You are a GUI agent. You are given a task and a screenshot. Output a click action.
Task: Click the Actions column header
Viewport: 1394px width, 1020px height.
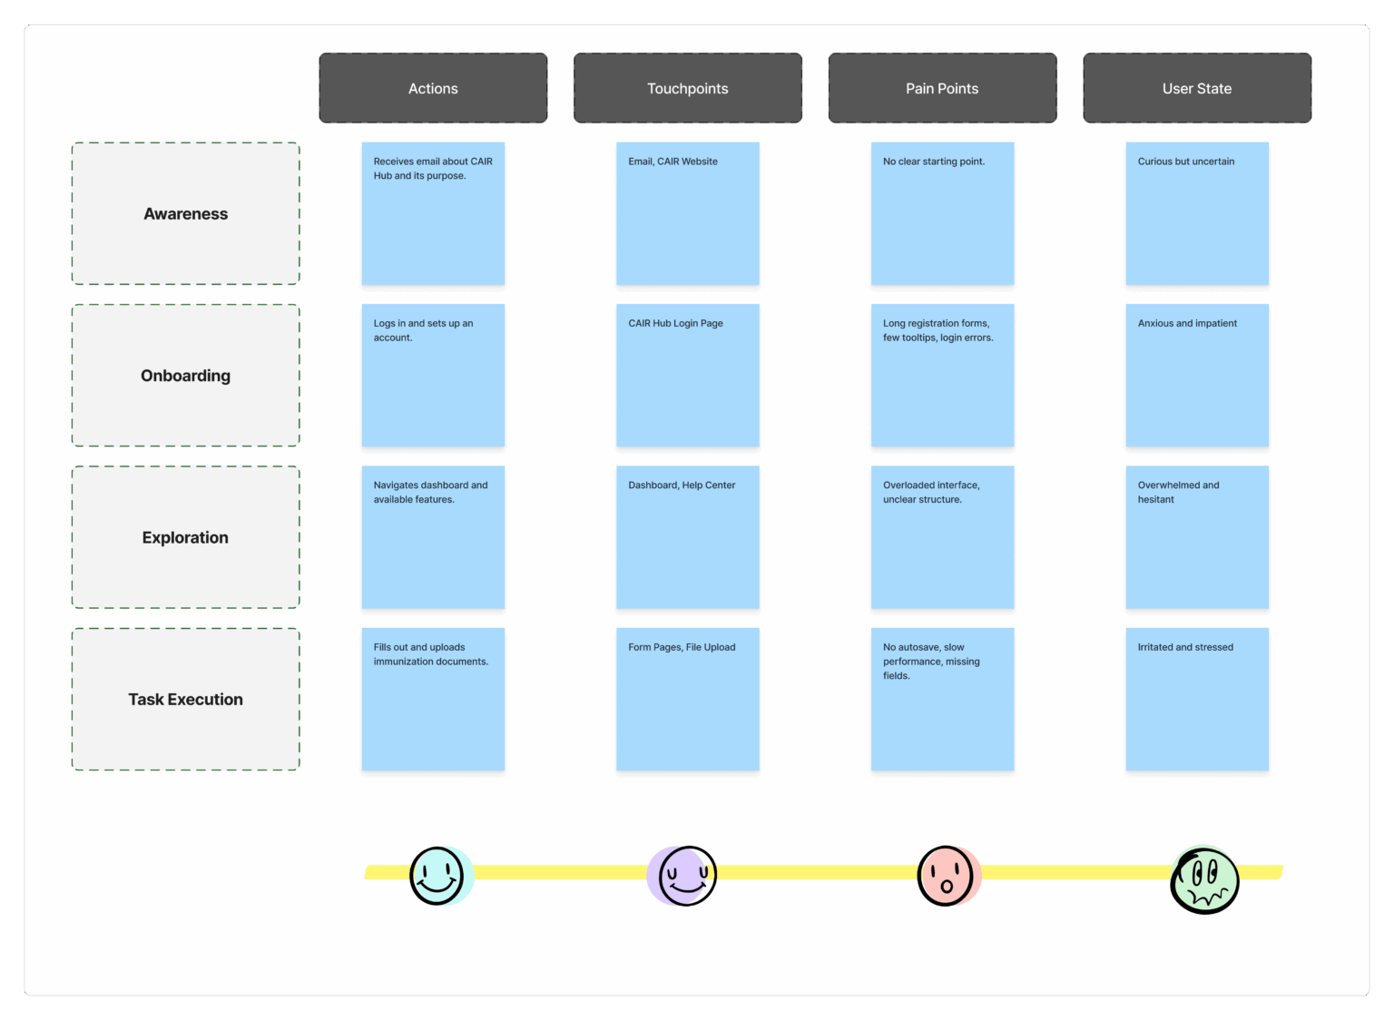tap(433, 88)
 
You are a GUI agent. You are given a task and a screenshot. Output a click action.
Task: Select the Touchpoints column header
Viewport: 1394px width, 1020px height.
tap(688, 88)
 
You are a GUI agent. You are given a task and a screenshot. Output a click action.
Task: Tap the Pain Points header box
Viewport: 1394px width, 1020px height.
tap(942, 88)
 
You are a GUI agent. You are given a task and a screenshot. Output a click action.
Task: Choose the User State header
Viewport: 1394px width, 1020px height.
tap(1197, 88)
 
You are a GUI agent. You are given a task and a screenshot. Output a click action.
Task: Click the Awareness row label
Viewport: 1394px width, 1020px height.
tap(185, 213)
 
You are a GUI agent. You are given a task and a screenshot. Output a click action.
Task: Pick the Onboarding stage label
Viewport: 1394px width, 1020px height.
tap(185, 376)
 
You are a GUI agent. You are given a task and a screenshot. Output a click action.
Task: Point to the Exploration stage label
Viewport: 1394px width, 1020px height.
tap(185, 537)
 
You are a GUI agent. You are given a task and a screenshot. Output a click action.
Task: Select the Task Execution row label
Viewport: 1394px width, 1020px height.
tap(185, 699)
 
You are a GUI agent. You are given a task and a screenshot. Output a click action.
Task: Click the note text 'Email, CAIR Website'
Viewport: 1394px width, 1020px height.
tap(672, 162)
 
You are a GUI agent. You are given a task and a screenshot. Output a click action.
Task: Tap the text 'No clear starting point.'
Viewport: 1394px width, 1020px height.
tap(934, 162)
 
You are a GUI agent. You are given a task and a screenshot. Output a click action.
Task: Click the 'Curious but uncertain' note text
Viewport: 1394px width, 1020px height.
tap(1185, 162)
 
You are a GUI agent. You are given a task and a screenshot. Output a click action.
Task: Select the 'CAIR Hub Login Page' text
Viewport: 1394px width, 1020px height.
tap(675, 323)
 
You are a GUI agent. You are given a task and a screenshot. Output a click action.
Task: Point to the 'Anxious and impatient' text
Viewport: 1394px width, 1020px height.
tap(1187, 323)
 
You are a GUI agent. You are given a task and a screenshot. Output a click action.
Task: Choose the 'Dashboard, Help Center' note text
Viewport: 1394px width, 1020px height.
tap(682, 485)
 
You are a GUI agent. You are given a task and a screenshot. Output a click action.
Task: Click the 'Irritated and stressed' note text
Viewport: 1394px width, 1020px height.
tap(1185, 647)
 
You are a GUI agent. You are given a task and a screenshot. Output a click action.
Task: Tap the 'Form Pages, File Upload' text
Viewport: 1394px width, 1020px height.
tap(682, 647)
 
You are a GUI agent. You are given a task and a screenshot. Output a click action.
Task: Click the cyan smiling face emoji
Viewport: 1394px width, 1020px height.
tap(440, 875)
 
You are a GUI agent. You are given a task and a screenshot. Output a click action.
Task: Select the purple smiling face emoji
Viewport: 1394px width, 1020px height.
tap(682, 875)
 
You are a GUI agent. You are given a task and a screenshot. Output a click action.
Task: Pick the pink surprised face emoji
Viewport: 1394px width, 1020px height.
tap(948, 875)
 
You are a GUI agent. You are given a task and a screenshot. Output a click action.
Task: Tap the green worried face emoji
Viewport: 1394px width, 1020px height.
tap(1204, 879)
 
